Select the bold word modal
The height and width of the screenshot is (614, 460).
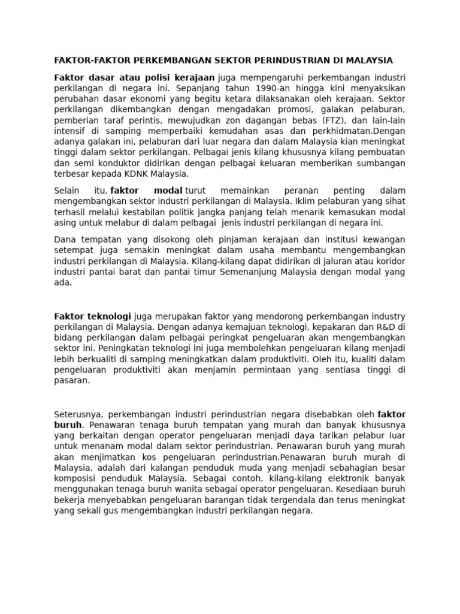click(168, 191)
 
